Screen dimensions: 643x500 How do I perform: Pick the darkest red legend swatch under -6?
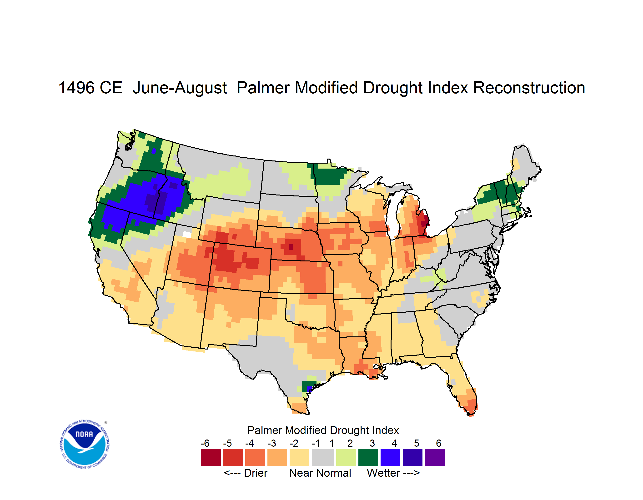[x=211, y=457]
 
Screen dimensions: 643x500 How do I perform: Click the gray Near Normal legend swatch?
[x=323, y=457]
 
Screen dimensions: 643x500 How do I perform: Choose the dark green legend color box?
[x=368, y=457]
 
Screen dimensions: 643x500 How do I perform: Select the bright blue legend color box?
[x=390, y=457]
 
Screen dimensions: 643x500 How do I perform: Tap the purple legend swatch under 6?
[x=435, y=457]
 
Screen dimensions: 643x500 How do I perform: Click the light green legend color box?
[x=346, y=457]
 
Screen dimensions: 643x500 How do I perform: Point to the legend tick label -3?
[x=271, y=443]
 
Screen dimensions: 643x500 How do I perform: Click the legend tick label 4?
[x=394, y=443]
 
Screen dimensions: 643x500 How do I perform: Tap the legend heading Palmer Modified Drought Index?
[x=323, y=430]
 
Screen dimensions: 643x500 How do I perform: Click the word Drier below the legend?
[x=256, y=473]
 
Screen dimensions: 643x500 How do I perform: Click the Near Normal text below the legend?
[x=320, y=473]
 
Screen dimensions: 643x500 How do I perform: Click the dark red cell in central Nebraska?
[x=291, y=247]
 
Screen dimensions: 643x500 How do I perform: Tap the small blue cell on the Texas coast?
[x=309, y=389]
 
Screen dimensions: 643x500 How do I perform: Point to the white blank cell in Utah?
[x=187, y=235]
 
